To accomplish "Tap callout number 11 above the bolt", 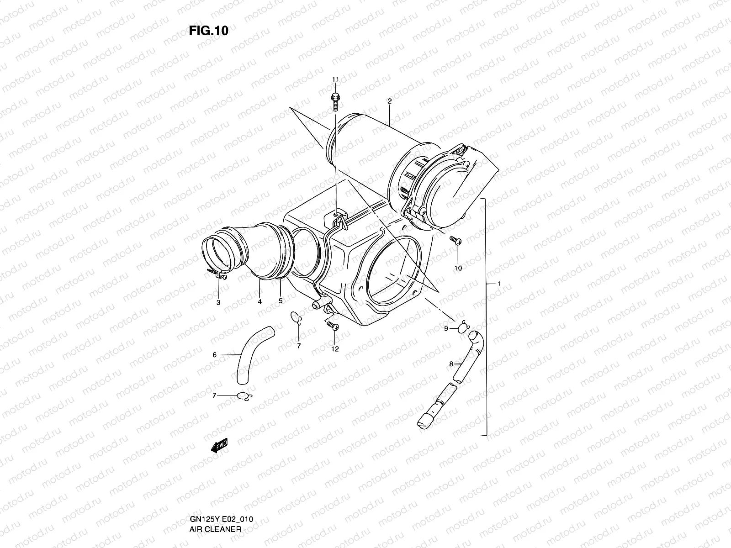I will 335,80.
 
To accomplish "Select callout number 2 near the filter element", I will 389,101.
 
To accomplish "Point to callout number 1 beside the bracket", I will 499,284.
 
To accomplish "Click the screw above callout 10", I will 456,240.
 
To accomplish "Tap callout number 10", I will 458,268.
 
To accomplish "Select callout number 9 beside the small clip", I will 446,328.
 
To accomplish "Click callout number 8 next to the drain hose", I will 451,364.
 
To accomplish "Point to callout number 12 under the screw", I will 335,349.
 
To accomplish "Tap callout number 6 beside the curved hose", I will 214,354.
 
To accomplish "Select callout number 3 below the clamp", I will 218,302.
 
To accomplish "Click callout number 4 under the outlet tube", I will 260,302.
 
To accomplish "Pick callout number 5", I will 281,301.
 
